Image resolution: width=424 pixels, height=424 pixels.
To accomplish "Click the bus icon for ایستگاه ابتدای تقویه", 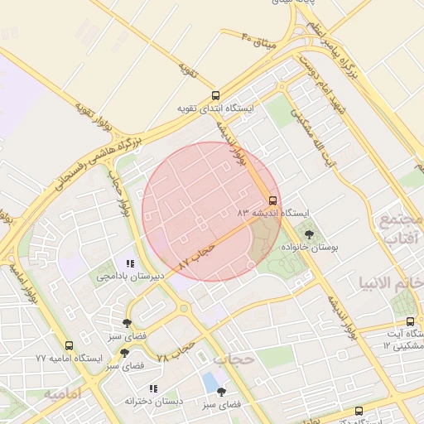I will click(x=215, y=95).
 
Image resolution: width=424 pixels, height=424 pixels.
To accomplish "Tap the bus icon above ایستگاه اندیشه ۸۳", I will click(x=272, y=200).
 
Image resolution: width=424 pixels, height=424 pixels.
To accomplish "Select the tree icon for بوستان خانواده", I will click(x=310, y=235).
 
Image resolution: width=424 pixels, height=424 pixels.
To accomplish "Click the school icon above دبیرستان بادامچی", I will click(x=129, y=264).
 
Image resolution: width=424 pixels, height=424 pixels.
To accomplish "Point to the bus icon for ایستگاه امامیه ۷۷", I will click(x=69, y=345).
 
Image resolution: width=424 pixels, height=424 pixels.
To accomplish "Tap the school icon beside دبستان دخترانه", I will click(x=152, y=388).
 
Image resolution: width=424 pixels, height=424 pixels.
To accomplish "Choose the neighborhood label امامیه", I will click(x=65, y=393).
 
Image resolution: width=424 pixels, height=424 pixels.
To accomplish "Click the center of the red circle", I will click(x=211, y=211).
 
